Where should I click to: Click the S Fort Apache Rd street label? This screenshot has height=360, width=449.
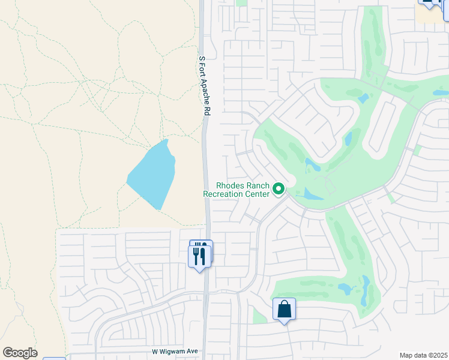(204, 85)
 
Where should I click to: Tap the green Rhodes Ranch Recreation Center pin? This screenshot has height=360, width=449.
(279, 189)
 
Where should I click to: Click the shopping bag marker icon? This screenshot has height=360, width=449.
(285, 310)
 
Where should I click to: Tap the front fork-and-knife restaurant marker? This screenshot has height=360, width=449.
(200, 256)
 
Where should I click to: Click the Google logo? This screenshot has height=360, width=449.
(20, 353)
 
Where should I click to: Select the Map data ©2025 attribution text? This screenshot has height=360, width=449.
(424, 355)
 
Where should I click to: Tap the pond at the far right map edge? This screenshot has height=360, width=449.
(441, 93)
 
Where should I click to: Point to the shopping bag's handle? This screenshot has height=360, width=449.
(285, 305)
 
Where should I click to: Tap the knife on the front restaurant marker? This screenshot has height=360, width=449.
(203, 256)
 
